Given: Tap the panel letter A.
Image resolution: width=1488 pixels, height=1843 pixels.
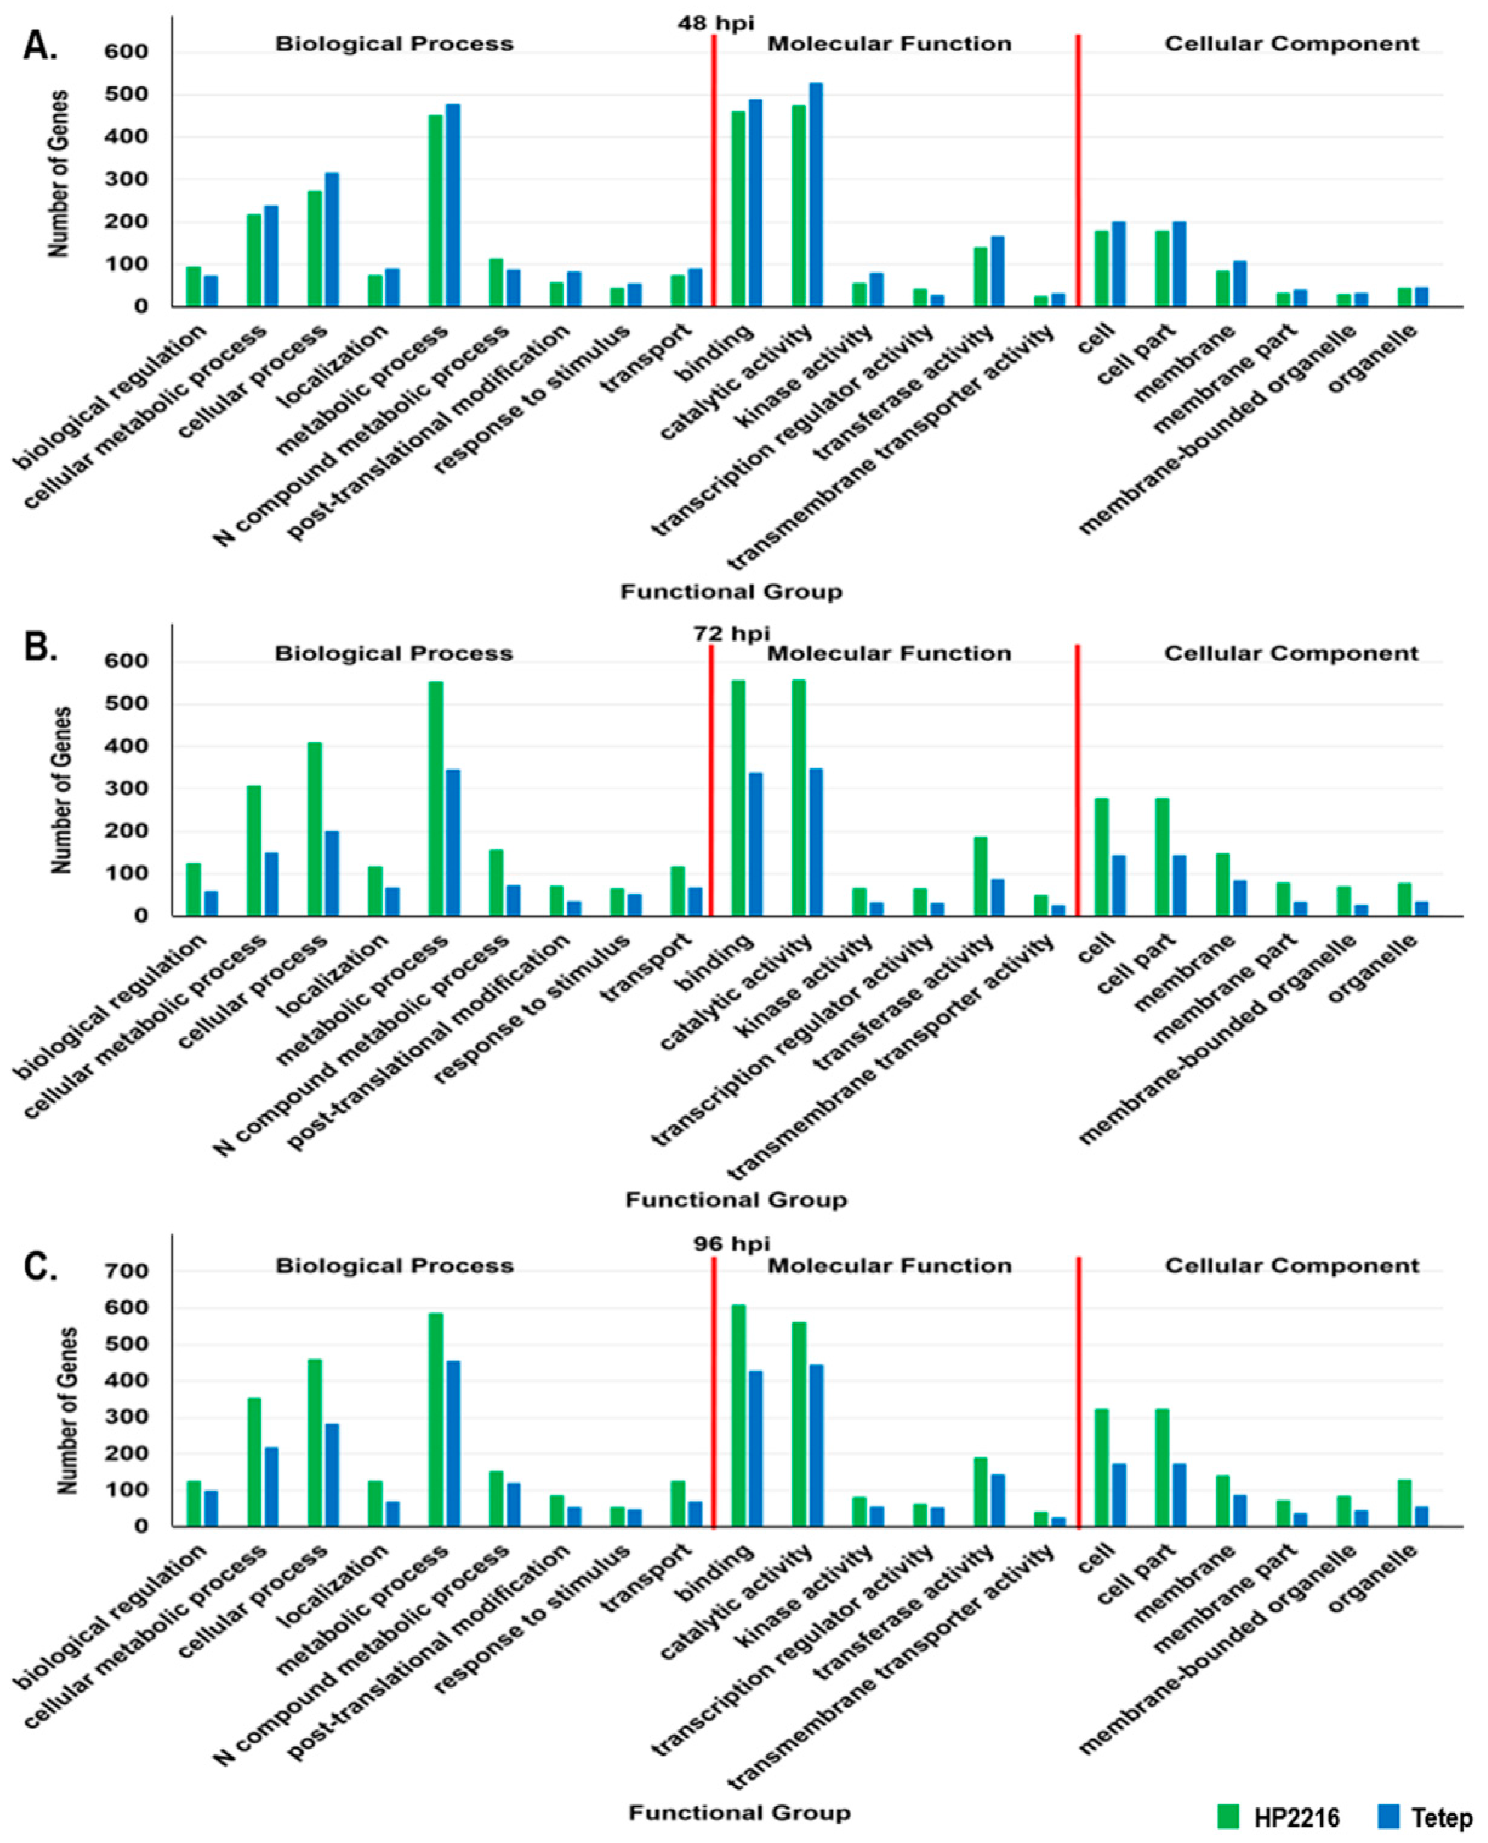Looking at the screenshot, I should point(39,47).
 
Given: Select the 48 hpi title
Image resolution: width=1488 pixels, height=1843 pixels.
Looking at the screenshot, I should point(716,23).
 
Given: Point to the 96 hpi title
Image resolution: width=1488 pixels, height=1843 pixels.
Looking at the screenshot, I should point(731,1243).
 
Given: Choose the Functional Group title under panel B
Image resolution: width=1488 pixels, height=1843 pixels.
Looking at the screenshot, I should point(735,1199).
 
